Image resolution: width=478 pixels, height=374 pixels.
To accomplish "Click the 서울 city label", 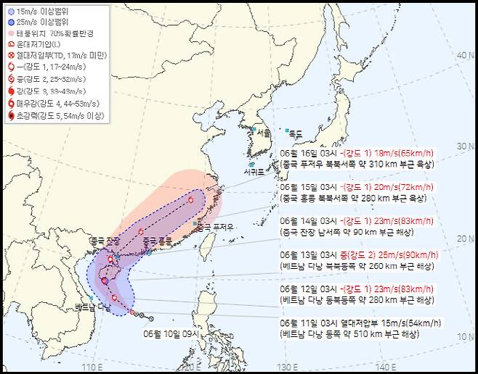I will click(263, 133).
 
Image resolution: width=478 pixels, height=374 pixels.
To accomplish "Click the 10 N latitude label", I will click(463, 336).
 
